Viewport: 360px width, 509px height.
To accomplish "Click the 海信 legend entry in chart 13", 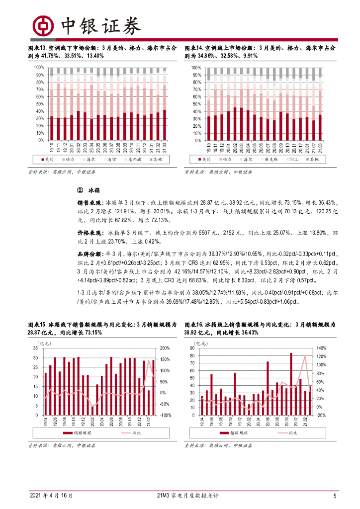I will pyautogui.click(x=111, y=159).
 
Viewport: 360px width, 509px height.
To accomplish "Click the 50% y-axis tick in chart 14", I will pyautogui.click(x=196, y=104).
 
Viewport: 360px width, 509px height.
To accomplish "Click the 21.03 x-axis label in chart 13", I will pyautogui.click(x=165, y=147).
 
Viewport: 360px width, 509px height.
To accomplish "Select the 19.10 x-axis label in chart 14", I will pyautogui.click(x=209, y=147).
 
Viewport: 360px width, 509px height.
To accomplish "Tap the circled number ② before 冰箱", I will pyautogui.click(x=80, y=190).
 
